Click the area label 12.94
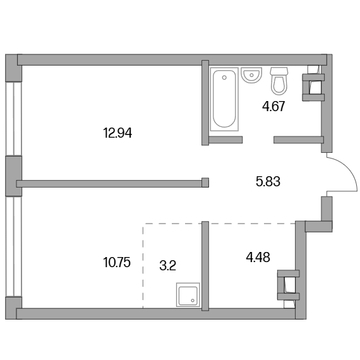tap(117, 133)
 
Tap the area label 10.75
tap(117, 263)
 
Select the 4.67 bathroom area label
tap(273, 106)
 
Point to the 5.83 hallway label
tap(268, 181)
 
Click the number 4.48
tap(258, 257)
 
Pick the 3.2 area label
tap(167, 266)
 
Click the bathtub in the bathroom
tap(224, 99)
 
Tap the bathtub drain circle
tap(224, 78)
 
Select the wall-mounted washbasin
tap(251, 75)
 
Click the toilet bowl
tap(279, 85)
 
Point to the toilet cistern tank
tap(279, 71)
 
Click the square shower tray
tap(188, 295)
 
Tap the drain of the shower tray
tap(193, 301)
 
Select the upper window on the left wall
tap(13, 119)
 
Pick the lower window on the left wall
tap(13, 246)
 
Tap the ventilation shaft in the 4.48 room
tap(289, 285)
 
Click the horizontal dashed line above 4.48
tap(219, 224)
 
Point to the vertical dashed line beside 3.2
tap(143, 266)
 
